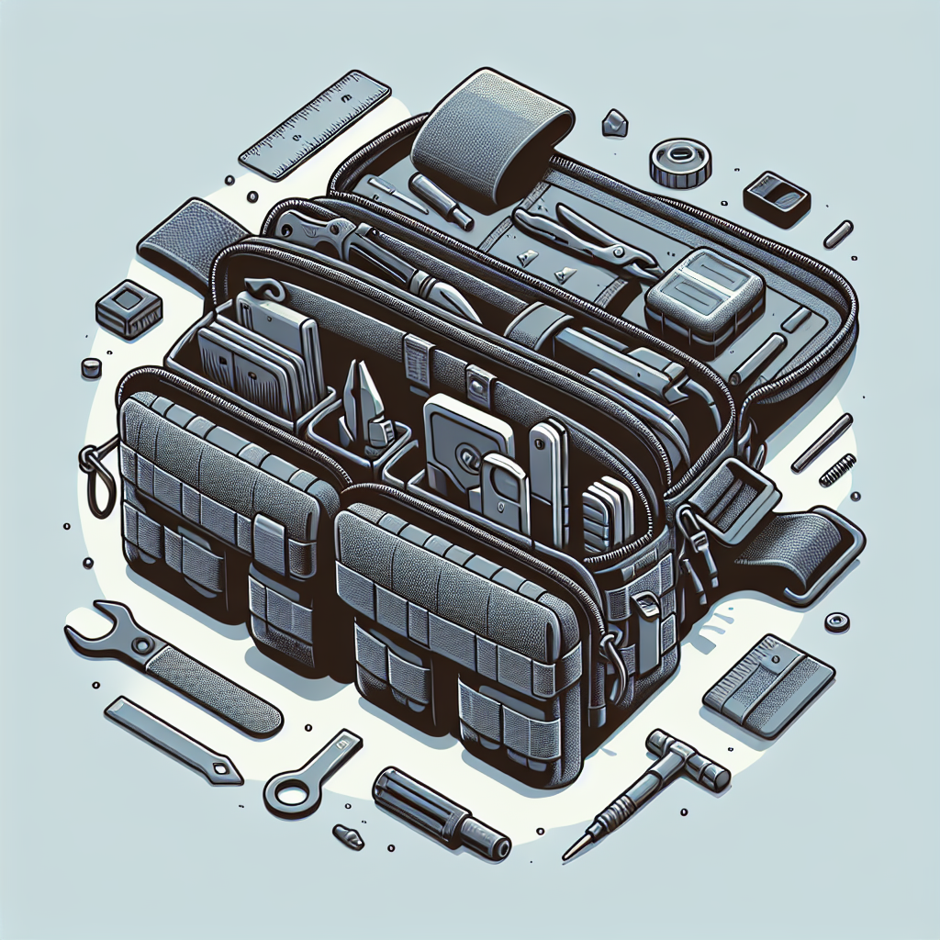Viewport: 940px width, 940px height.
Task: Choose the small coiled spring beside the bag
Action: tap(836, 470)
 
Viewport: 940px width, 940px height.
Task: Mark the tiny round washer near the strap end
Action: tap(835, 621)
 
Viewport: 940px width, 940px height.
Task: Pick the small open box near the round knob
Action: tap(775, 198)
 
